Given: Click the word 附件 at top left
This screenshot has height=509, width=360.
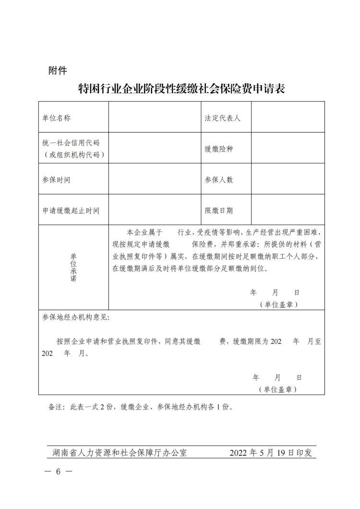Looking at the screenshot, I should tap(58, 71).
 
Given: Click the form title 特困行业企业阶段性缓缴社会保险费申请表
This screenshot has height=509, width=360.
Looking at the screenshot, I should tap(181, 88).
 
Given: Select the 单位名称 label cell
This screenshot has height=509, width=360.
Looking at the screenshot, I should tap(57, 117).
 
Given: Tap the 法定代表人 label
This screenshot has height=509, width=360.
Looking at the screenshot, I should tap(223, 117).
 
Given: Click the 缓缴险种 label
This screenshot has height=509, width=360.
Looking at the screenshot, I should tap(219, 148).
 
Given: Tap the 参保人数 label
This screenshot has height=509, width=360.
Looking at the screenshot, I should tap(219, 180).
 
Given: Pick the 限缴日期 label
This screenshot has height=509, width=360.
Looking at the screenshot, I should tap(219, 210).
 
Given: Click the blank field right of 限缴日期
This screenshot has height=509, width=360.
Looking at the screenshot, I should tap(288, 210).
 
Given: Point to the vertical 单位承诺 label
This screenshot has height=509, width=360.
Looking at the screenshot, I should tap(73, 267).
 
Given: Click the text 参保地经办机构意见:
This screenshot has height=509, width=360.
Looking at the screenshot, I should tap(76, 317).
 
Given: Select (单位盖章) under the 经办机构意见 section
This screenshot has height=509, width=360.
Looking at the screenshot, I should tap(277, 389).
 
